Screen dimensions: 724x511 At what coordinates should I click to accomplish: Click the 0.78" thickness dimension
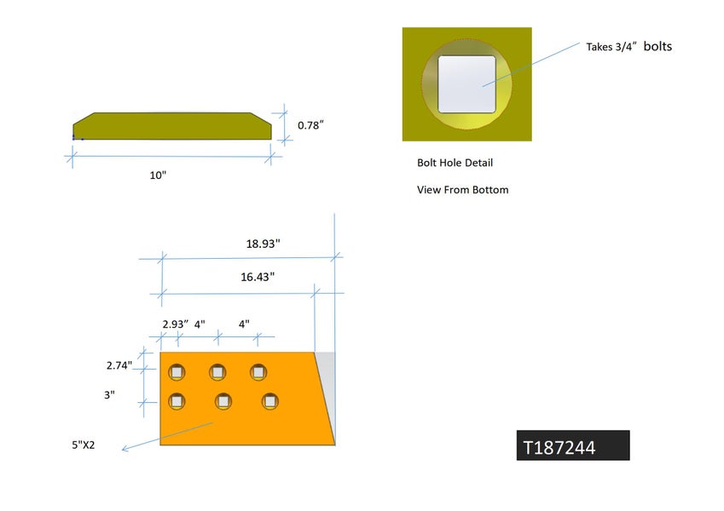[310, 125]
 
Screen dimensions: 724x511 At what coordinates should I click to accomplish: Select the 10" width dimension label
[158, 175]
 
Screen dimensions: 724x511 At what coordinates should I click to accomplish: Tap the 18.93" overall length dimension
[263, 244]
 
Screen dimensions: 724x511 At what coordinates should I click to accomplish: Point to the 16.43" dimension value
[258, 277]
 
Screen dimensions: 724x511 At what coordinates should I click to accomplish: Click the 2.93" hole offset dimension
[175, 324]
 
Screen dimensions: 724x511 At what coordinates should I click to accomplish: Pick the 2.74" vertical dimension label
[119, 365]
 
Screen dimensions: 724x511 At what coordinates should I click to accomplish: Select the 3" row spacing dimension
[109, 395]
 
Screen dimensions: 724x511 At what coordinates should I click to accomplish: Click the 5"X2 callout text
[83, 445]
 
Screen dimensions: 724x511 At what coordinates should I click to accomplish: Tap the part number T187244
[559, 447]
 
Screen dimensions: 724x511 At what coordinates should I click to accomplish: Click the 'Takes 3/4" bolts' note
[628, 47]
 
